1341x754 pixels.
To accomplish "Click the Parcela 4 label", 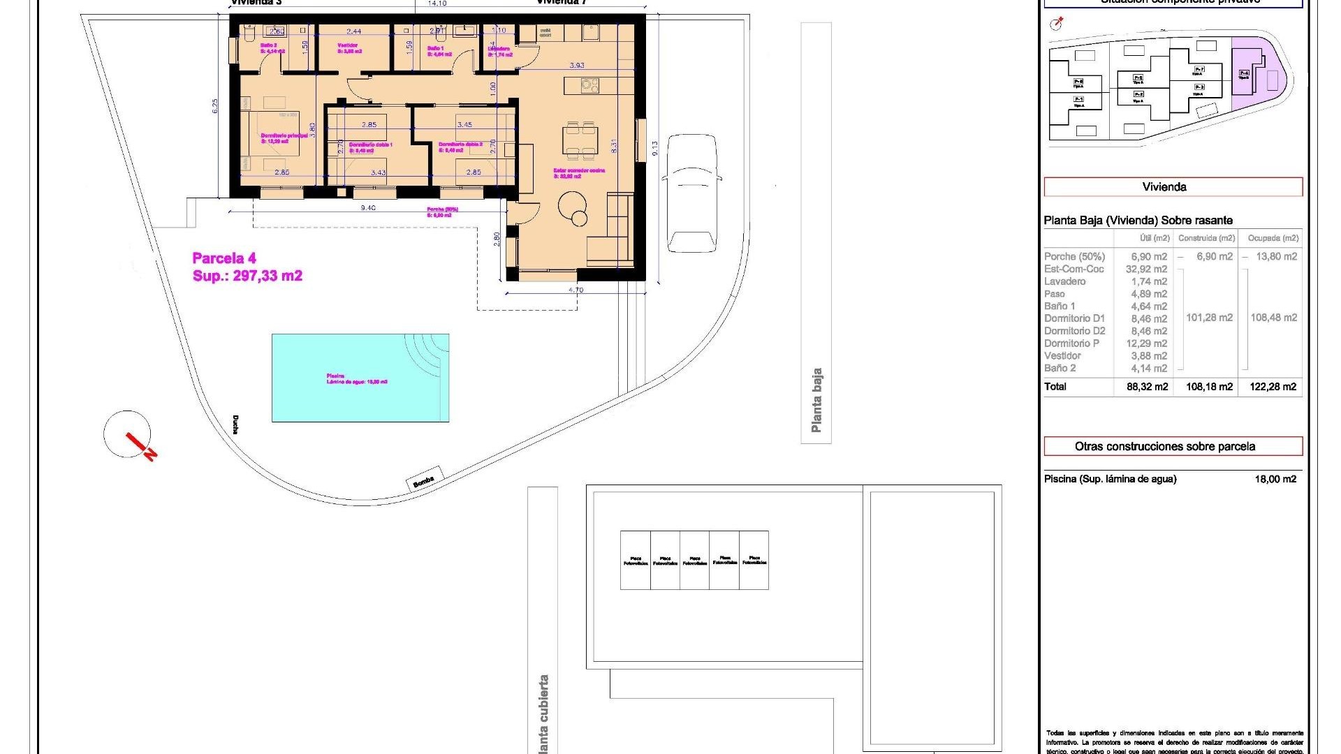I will (x=224, y=258).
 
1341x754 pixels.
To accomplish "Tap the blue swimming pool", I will (x=360, y=378).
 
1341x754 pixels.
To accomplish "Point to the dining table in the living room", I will (x=580, y=139).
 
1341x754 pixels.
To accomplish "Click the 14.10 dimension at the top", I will (x=437, y=4).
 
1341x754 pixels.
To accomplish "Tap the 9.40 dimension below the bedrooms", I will (x=367, y=208).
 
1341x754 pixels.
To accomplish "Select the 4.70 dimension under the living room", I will (x=576, y=290).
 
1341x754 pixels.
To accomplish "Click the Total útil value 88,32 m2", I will (x=1147, y=387).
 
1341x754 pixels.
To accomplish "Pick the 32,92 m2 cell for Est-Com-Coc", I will (x=1146, y=269).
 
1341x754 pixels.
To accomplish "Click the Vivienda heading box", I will (x=1173, y=186).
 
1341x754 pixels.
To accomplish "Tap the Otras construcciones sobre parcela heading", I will (x=1173, y=446).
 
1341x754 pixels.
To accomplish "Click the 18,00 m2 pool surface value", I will (x=1275, y=479).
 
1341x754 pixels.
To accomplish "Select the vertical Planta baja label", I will (x=816, y=400).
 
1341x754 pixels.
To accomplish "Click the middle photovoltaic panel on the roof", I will (x=694, y=560).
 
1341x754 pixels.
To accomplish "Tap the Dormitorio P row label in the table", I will (x=1071, y=343).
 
